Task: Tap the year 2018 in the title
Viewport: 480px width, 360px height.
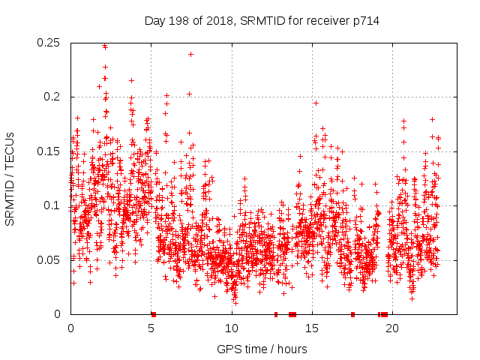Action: [x=218, y=21]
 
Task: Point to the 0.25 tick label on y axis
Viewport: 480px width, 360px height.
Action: [x=49, y=43]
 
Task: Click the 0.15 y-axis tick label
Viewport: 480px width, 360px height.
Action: [x=49, y=151]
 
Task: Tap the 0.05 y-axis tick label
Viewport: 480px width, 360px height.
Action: [x=49, y=260]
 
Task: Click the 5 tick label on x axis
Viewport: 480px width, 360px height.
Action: [x=151, y=328]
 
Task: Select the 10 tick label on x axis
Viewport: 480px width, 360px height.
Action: [x=232, y=328]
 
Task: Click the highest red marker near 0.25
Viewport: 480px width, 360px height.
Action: [x=104, y=46]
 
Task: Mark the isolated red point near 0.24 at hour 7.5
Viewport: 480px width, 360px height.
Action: [x=190, y=54]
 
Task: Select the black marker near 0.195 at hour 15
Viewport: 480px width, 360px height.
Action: [x=316, y=103]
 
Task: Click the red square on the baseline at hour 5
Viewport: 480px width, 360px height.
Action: [x=153, y=314]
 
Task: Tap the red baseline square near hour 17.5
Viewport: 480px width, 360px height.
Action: [x=352, y=314]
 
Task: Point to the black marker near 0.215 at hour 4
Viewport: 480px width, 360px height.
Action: [x=131, y=80]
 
